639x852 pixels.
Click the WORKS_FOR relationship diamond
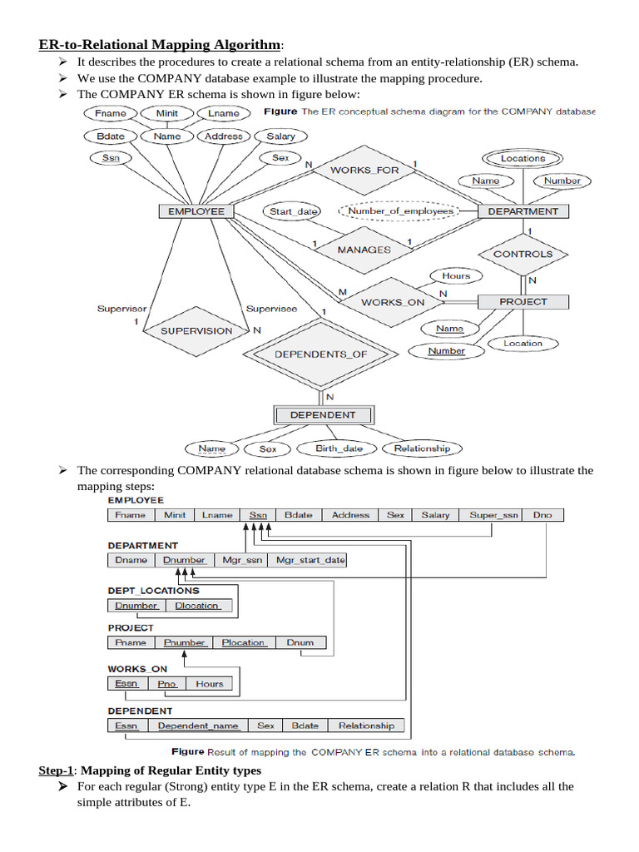pos(364,170)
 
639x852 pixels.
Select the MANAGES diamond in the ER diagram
pos(364,249)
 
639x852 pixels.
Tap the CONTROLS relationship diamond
pos(523,255)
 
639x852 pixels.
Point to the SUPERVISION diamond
pos(196,330)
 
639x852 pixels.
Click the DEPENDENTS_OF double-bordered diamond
pos(320,354)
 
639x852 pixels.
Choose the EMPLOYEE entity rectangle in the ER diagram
pos(196,211)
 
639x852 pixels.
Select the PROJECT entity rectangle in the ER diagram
pos(523,301)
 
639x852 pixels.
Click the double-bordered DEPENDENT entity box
pos(323,414)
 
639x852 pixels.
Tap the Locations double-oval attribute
pos(523,158)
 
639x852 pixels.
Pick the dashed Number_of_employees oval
pos(400,211)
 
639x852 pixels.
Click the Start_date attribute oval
pos(293,211)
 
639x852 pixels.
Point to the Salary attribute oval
pos(280,136)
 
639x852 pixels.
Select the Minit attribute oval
pos(167,113)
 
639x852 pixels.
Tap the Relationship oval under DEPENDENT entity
pos(421,448)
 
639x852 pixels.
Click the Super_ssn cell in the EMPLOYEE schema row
pos(493,515)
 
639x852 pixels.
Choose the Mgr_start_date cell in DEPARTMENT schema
pos(310,560)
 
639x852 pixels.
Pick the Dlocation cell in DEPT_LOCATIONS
pos(197,606)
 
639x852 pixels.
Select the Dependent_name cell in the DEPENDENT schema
pos(198,726)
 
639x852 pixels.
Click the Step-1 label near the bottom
pos(56,770)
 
